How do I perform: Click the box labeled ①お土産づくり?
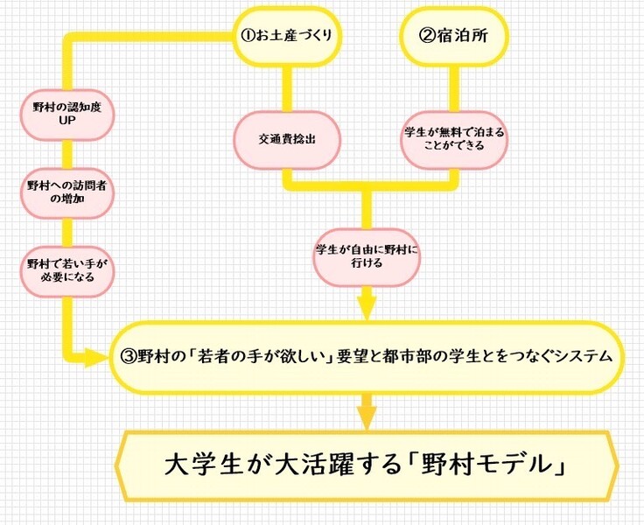(287, 37)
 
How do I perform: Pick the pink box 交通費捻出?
(285, 141)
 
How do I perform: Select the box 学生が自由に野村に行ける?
(367, 255)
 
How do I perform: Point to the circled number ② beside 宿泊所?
(428, 37)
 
